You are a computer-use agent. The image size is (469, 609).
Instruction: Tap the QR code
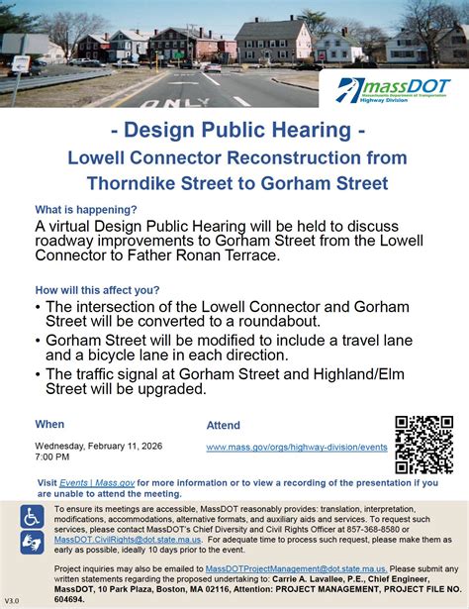pyautogui.click(x=423, y=444)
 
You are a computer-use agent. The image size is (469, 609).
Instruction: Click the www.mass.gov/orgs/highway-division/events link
pyautogui.click(x=297, y=448)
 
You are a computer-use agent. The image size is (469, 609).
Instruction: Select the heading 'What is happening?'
pyautogui.click(x=86, y=210)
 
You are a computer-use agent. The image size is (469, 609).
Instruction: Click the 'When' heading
pyautogui.click(x=49, y=424)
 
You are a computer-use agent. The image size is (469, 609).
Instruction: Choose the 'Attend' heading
pyautogui.click(x=223, y=426)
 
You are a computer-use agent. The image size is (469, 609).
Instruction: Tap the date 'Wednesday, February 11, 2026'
pyautogui.click(x=98, y=447)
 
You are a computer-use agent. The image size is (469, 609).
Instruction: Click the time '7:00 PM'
pyautogui.click(x=54, y=458)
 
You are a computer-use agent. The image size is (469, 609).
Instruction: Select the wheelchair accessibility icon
pyautogui.click(x=33, y=516)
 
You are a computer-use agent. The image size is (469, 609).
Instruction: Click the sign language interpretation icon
pyautogui.click(x=33, y=542)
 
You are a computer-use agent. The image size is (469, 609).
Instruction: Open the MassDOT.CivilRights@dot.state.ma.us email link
pyautogui.click(x=120, y=538)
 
